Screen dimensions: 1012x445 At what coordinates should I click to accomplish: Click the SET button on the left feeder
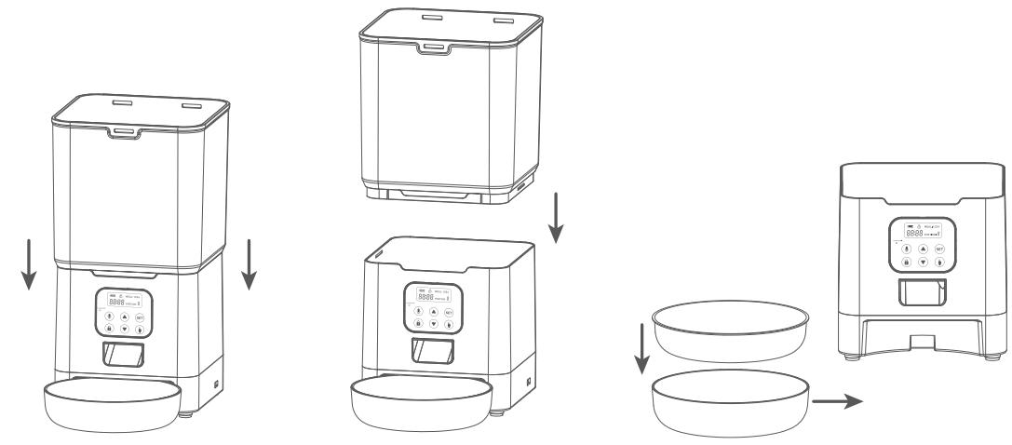[140, 317]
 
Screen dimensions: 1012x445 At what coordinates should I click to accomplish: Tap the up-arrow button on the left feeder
[124, 317]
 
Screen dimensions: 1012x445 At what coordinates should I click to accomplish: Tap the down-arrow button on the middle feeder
[433, 324]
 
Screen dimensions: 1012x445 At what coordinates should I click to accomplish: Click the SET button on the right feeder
[939, 249]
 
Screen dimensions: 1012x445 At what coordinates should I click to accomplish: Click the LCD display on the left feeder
[122, 302]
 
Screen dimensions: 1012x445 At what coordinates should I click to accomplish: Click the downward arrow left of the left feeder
[29, 262]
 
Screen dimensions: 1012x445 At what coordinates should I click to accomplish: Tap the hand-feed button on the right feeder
[939, 263]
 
